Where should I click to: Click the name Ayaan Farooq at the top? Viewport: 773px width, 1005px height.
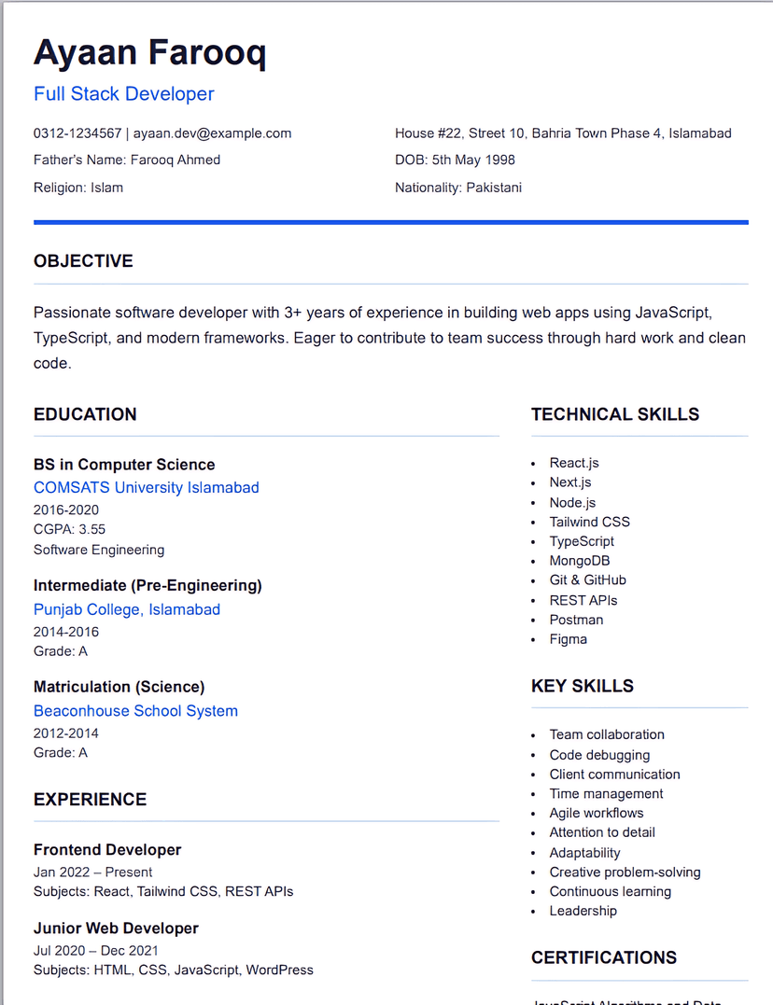[149, 52]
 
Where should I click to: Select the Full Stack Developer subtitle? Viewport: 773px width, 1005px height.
[124, 94]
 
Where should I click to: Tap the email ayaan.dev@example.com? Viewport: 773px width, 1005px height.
[212, 133]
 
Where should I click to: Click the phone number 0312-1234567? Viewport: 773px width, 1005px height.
[77, 133]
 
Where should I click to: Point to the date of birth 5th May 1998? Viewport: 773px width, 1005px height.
[473, 161]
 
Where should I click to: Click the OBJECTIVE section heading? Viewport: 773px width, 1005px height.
[83, 261]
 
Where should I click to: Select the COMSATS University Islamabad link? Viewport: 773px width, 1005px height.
[147, 488]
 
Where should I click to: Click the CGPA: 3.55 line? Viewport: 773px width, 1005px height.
[69, 530]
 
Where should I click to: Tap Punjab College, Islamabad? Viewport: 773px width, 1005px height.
[127, 609]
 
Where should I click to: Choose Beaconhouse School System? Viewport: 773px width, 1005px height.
[135, 711]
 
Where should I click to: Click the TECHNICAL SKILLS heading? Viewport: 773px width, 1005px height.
[615, 414]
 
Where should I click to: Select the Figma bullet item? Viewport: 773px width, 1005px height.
[568, 639]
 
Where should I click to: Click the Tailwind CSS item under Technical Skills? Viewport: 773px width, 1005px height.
[589, 522]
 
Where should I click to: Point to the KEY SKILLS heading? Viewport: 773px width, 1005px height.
[583, 686]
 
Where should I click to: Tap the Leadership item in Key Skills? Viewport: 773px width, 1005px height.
[583, 911]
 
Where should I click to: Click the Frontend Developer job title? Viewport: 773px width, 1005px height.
[107, 850]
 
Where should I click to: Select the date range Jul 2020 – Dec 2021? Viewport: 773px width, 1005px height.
[95, 951]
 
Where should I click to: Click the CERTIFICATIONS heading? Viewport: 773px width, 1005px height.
[604, 957]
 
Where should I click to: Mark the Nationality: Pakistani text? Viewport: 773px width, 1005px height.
[458, 188]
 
